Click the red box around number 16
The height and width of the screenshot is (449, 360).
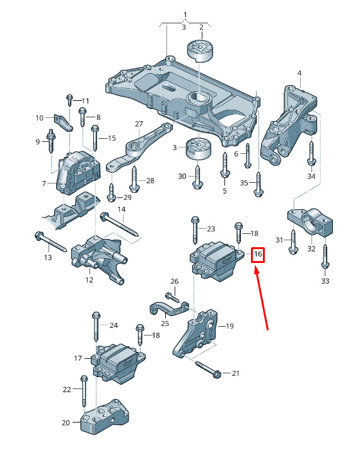pyautogui.click(x=258, y=255)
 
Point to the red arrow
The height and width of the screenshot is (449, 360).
pyautogui.click(x=261, y=298)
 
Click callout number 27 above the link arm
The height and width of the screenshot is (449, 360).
pyautogui.click(x=139, y=124)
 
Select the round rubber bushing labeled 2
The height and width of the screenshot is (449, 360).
pyautogui.click(x=200, y=50)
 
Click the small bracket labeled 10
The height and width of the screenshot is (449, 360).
pyautogui.click(x=63, y=122)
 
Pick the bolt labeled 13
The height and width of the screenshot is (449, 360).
pyautogui.click(x=50, y=242)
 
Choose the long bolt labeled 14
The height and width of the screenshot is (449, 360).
pyautogui.click(x=119, y=224)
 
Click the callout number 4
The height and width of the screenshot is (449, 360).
pyautogui.click(x=299, y=73)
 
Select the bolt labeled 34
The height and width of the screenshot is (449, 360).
pyautogui.click(x=311, y=153)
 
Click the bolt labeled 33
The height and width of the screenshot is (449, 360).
pyautogui.click(x=325, y=256)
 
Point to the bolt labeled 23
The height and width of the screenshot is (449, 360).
pyautogui.click(x=195, y=231)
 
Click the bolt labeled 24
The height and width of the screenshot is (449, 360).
pyautogui.click(x=96, y=327)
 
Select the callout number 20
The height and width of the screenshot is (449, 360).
pyautogui.click(x=66, y=423)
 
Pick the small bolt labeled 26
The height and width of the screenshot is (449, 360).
pyautogui.click(x=172, y=297)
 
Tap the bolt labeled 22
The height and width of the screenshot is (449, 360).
pyautogui.click(x=84, y=391)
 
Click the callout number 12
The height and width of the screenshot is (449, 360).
pyautogui.click(x=90, y=280)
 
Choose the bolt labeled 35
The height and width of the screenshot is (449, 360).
pyautogui.click(x=258, y=185)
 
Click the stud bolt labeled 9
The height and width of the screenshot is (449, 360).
pyautogui.click(x=51, y=141)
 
